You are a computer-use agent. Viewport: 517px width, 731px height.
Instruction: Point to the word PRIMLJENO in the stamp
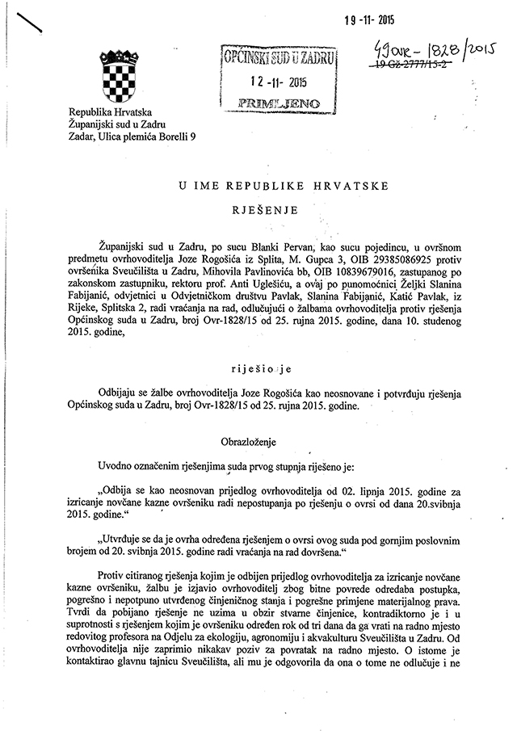pyautogui.click(x=280, y=103)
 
